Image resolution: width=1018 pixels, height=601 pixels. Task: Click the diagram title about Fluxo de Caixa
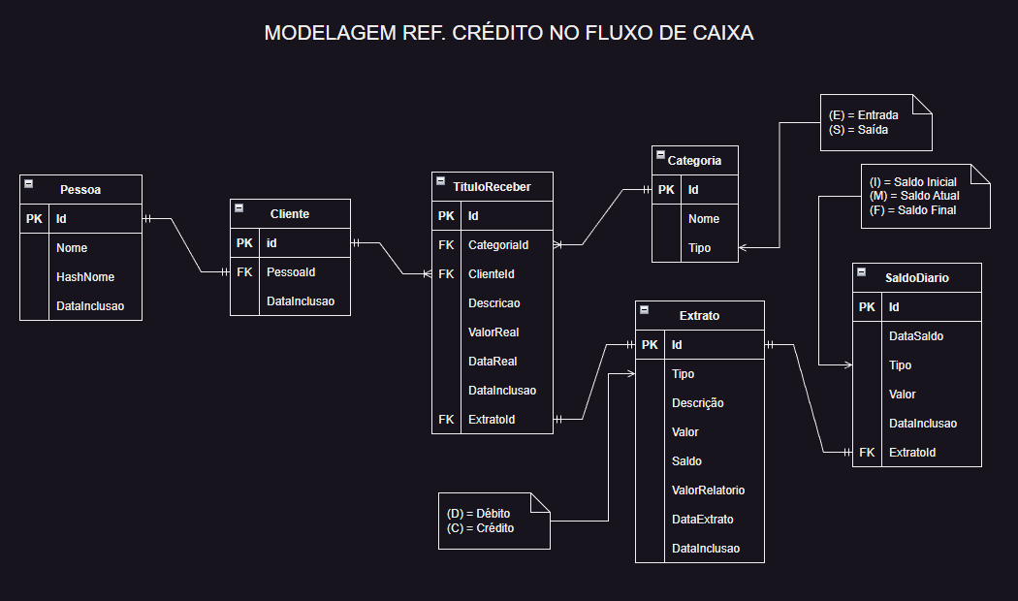click(509, 34)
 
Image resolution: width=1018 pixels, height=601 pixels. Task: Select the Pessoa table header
click(80, 190)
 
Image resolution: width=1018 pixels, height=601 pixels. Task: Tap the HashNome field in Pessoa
click(85, 277)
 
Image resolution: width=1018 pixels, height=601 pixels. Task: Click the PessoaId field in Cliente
click(291, 272)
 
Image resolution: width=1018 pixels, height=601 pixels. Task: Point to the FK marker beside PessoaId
click(244, 272)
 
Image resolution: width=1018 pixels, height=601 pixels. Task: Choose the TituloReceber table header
click(492, 187)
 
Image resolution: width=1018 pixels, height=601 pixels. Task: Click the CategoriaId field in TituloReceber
click(498, 245)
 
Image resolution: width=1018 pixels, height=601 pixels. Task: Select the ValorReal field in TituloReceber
click(493, 332)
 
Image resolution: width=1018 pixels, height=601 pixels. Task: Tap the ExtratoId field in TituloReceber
click(492, 420)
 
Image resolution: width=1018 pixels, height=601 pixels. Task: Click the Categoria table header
click(694, 160)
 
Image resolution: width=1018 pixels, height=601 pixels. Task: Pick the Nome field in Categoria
click(704, 219)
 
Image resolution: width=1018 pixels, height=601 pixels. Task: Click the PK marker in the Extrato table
click(650, 345)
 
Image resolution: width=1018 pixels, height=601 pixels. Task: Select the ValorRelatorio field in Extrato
click(708, 490)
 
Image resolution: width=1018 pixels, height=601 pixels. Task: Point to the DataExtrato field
click(702, 520)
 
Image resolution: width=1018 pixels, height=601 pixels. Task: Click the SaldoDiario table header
click(916, 278)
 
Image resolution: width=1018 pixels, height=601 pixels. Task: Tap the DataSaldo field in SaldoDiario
click(916, 336)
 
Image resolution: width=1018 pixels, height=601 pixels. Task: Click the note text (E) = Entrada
click(863, 115)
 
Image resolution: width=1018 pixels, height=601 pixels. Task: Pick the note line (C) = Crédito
click(480, 528)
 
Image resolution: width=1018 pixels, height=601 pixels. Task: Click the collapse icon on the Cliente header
click(239, 208)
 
